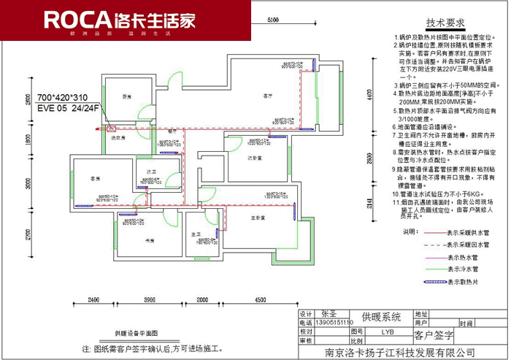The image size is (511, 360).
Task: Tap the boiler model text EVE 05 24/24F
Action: [68, 108]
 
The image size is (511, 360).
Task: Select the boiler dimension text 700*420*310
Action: [62, 97]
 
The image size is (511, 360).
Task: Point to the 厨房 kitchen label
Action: [126, 96]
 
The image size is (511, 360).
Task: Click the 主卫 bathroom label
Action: [196, 234]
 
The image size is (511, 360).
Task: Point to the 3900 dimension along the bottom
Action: [149, 299]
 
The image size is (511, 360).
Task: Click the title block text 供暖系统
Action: [381, 317]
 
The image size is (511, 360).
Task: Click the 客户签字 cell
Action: [434, 336]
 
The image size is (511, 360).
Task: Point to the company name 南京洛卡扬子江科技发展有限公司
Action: [399, 352]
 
